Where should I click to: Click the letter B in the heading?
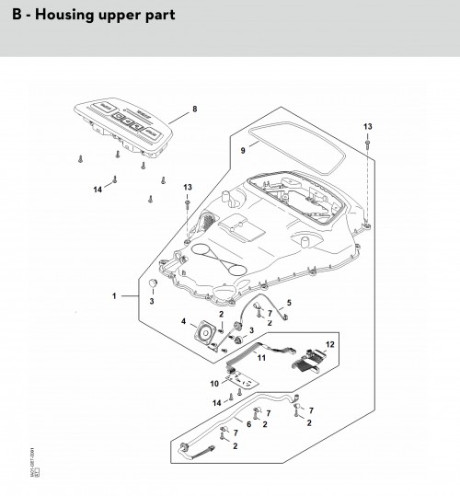[17, 16]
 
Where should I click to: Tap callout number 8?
[194, 110]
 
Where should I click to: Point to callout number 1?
[115, 296]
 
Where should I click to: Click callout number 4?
[184, 322]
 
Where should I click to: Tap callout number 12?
[331, 344]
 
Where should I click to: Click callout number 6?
[248, 424]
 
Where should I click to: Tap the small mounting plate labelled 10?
[241, 376]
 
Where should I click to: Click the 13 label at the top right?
[367, 125]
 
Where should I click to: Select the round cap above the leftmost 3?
[144, 286]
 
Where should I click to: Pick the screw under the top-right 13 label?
[367, 144]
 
